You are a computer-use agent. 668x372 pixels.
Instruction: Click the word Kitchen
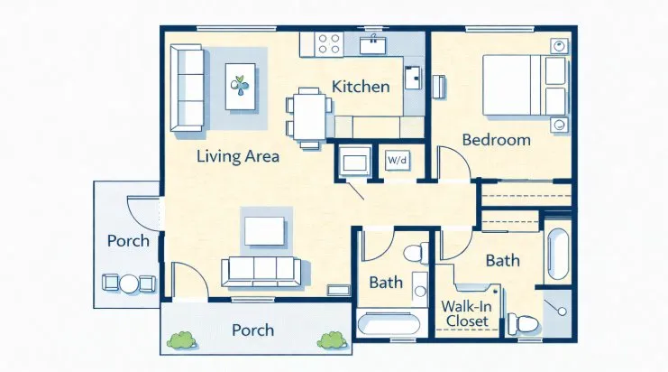(361, 87)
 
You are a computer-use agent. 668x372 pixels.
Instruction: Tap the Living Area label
(238, 156)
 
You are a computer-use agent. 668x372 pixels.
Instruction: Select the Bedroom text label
(497, 140)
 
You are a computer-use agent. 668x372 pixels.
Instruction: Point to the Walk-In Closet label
(466, 313)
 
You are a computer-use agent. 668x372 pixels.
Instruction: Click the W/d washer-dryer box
(398, 161)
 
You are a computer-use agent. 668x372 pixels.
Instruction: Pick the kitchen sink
(373, 45)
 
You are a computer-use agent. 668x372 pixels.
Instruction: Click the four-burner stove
(329, 44)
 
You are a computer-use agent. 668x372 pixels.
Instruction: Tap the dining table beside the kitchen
(309, 116)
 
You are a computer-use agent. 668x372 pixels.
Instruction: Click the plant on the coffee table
(241, 85)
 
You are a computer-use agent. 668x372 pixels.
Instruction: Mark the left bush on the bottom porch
(182, 340)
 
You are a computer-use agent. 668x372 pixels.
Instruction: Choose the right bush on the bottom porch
(332, 340)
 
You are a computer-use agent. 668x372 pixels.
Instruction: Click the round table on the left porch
(129, 284)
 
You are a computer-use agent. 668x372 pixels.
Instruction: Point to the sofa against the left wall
(187, 88)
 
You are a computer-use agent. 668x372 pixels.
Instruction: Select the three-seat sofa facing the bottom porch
(261, 272)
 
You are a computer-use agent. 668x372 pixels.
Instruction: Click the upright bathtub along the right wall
(558, 254)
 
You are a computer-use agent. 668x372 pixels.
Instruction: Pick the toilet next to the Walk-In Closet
(523, 324)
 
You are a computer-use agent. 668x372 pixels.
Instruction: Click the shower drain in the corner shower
(562, 311)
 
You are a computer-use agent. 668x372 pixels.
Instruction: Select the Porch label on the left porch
(128, 241)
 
